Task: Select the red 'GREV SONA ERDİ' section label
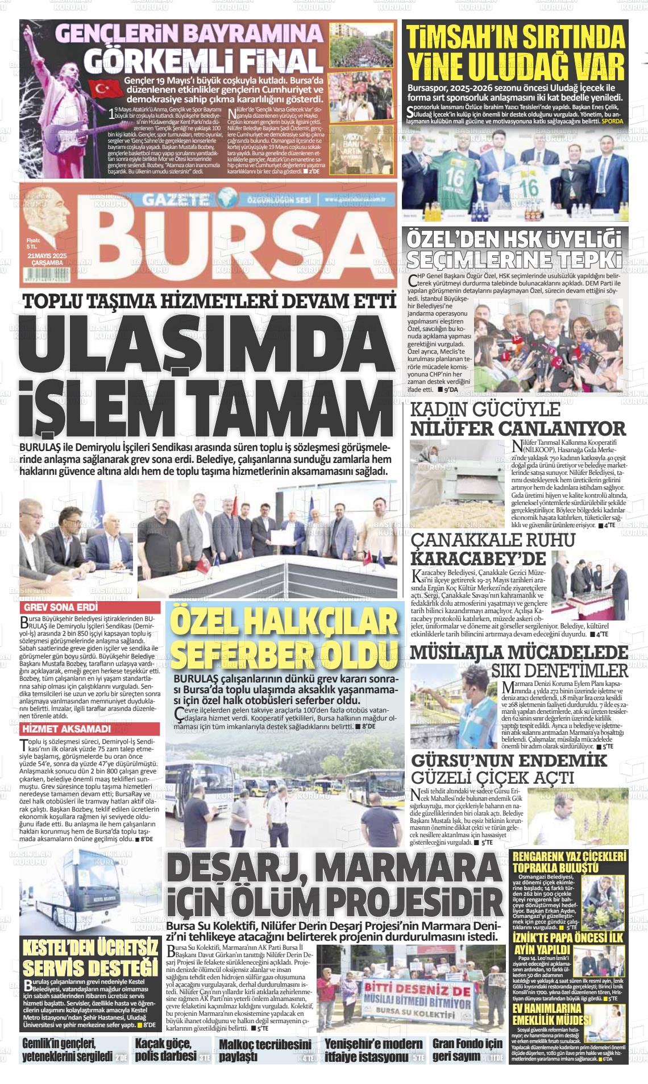[x=55, y=607]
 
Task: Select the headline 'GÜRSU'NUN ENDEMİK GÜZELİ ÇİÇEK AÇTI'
[x=516, y=769]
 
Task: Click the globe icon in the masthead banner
[x=229, y=198]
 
